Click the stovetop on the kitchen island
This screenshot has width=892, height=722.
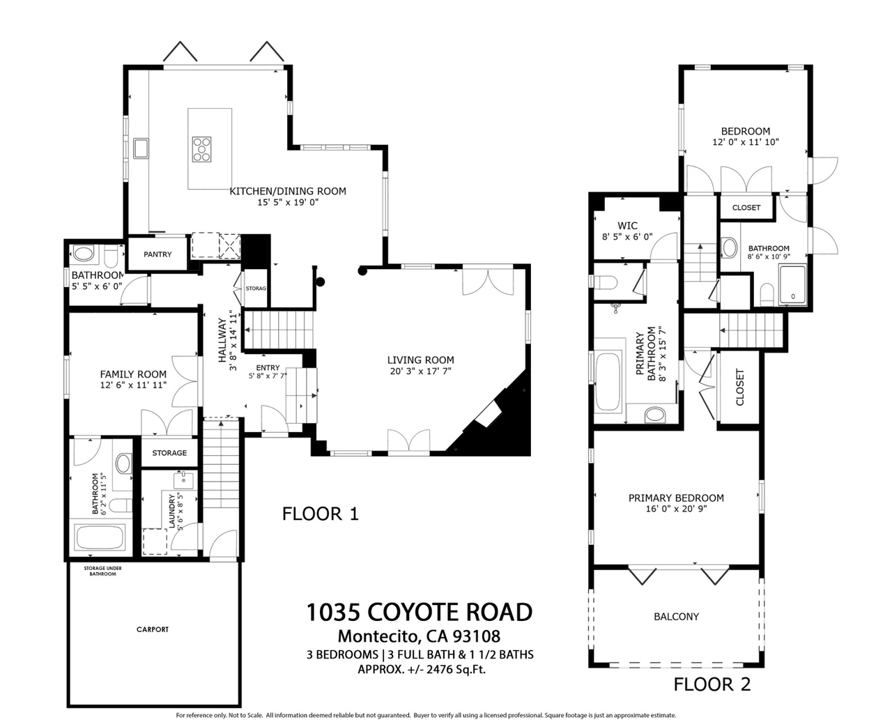pyautogui.click(x=201, y=149)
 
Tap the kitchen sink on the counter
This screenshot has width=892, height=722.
pyautogui.click(x=141, y=148)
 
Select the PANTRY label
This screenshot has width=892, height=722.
pyautogui.click(x=157, y=254)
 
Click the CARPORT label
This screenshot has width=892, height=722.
pyautogui.click(x=153, y=629)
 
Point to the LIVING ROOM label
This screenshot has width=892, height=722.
pyautogui.click(x=420, y=360)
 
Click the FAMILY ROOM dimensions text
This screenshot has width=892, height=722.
pyautogui.click(x=133, y=385)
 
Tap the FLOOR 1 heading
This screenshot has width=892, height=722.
pyautogui.click(x=321, y=514)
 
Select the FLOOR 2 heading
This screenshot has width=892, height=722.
pyautogui.click(x=712, y=684)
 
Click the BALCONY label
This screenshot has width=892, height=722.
pyautogui.click(x=677, y=617)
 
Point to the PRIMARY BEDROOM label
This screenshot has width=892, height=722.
pyautogui.click(x=676, y=498)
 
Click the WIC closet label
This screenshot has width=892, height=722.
pyautogui.click(x=627, y=226)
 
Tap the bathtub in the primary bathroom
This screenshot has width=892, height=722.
pyautogui.click(x=607, y=382)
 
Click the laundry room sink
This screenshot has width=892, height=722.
pyautogui.click(x=183, y=480)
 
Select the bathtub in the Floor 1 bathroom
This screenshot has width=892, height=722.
pyautogui.click(x=100, y=537)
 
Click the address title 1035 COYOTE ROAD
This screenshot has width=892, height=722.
pyautogui.click(x=420, y=612)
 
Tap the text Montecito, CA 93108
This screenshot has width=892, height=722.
pyautogui.click(x=420, y=636)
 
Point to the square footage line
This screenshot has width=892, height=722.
pyautogui.click(x=422, y=669)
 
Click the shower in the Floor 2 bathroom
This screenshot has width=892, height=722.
pyautogui.click(x=792, y=284)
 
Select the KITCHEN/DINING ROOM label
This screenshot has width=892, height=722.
pyautogui.click(x=288, y=192)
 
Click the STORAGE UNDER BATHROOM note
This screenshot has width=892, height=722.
pyautogui.click(x=102, y=571)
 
